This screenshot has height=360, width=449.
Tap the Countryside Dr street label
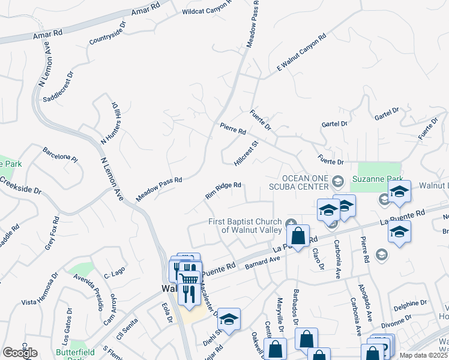point(108,35)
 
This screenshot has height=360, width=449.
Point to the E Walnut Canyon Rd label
point(301,54)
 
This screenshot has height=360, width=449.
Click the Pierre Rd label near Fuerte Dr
point(233,128)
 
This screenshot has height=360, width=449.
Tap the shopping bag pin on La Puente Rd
point(298,236)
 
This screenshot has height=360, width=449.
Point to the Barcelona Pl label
point(60,155)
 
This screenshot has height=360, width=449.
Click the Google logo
point(20,352)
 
